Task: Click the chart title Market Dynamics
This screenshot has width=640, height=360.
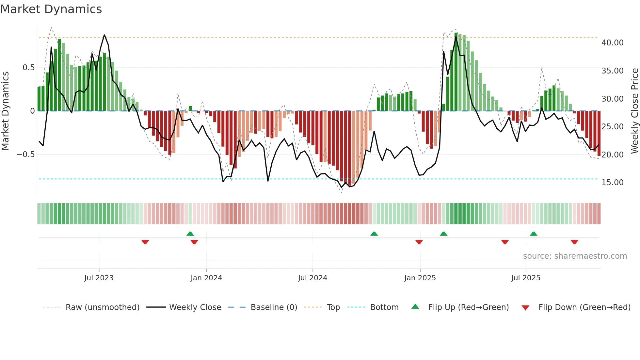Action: tap(51, 9)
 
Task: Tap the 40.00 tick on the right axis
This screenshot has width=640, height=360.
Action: tap(612, 43)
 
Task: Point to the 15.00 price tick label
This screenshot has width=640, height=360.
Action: tap(612, 183)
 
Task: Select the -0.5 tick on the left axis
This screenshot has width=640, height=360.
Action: tap(25, 155)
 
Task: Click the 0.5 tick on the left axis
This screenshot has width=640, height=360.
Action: tap(28, 68)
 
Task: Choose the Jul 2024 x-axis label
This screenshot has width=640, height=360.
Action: tap(312, 278)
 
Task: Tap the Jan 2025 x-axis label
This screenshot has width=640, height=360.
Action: tap(420, 278)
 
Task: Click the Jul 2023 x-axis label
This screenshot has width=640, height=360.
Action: tap(99, 278)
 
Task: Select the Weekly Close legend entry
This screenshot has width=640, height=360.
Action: tap(195, 307)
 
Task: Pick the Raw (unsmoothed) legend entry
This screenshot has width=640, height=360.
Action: tap(102, 307)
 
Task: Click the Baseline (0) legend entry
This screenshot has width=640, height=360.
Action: tap(274, 307)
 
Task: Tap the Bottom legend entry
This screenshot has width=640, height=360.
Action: tap(384, 307)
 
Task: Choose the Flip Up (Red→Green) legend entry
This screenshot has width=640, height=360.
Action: tap(468, 307)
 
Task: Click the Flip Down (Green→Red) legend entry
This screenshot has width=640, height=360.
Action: tap(584, 307)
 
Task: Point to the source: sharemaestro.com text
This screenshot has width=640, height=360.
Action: tap(575, 256)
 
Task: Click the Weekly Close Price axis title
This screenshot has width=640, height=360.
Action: tap(634, 111)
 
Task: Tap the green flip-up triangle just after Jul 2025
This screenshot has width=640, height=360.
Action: tap(534, 234)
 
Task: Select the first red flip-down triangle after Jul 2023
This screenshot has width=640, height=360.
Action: tap(145, 242)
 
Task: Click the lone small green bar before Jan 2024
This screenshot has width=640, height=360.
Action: tap(190, 108)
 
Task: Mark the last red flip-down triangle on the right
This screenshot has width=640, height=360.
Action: tap(574, 242)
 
